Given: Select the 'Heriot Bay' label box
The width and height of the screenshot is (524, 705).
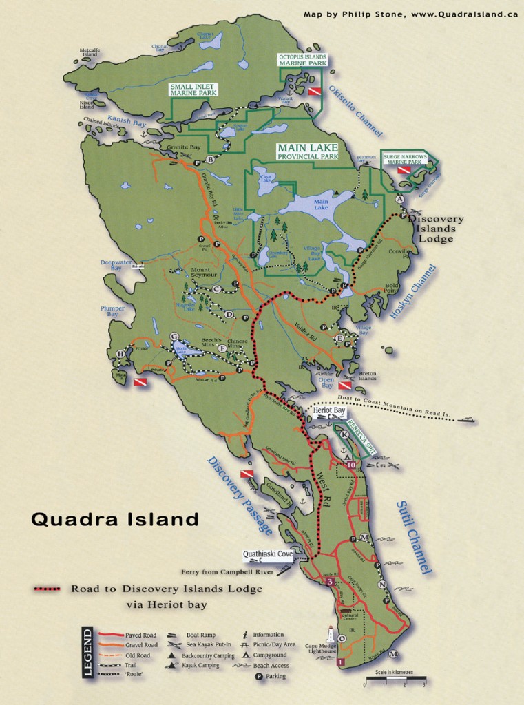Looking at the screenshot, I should [328, 410].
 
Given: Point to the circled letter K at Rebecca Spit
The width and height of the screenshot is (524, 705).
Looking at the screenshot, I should [345, 434].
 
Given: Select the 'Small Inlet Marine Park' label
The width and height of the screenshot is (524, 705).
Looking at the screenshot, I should [193, 90].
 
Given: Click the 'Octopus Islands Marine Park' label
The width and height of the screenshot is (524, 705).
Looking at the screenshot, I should [302, 59].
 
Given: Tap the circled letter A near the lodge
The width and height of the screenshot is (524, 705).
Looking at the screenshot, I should [399, 198].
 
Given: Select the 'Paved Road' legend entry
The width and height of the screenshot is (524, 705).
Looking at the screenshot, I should [140, 635].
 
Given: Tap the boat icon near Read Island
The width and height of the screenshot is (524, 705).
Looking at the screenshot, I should [468, 419].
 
